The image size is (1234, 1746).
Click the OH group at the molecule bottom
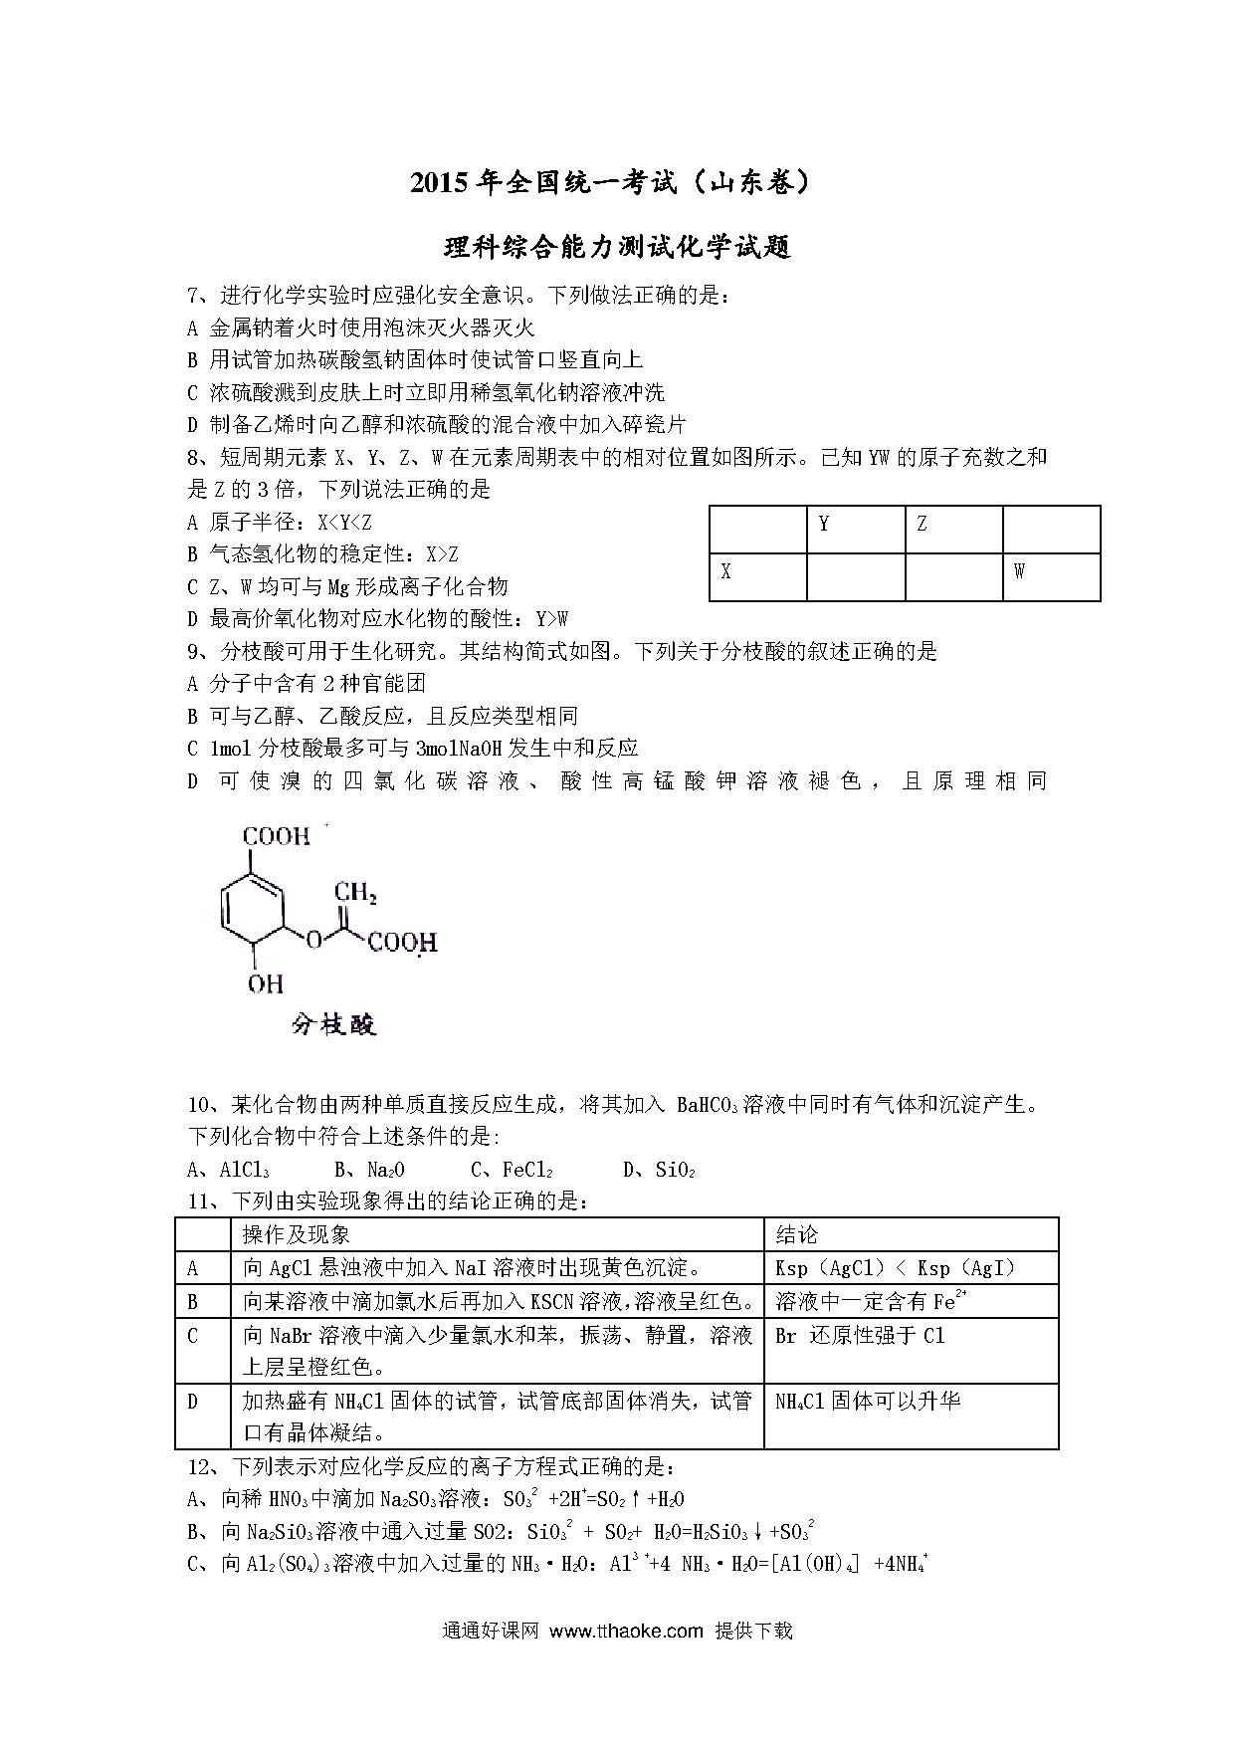265,983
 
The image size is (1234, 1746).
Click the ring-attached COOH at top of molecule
277,836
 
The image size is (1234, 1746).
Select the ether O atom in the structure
313,939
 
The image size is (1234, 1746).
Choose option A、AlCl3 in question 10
229,1170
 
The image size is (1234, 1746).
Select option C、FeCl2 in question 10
512,1170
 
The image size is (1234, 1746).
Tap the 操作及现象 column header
297,1234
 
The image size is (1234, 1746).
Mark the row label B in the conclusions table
193,1301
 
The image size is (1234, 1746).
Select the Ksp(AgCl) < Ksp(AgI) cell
895,1268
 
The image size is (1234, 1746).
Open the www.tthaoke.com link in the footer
626,1631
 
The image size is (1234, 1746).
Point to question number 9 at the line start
194,652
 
